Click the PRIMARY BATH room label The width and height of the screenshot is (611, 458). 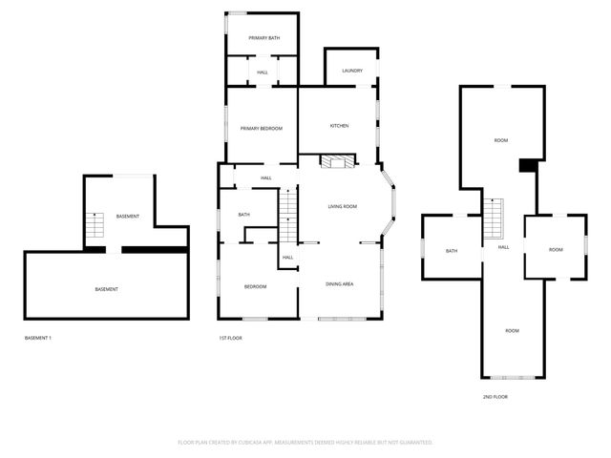[x=263, y=38]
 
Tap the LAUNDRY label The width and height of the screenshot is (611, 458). [x=351, y=71]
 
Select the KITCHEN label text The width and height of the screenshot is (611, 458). [x=339, y=126]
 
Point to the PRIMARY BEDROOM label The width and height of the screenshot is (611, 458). [x=261, y=128]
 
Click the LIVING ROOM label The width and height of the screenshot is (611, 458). [x=342, y=206]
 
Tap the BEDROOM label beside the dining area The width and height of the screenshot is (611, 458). [x=255, y=286]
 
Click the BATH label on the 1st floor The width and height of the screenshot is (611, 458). [x=243, y=215]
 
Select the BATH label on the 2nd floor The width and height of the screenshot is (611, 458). [x=452, y=251]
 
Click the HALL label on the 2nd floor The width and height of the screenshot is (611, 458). [x=503, y=247]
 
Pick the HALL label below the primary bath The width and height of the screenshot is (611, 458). [x=263, y=73]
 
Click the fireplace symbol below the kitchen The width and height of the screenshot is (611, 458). [x=336, y=162]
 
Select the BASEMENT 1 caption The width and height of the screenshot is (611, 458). [x=37, y=338]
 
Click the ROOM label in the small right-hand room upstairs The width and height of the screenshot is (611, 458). [x=556, y=249]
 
